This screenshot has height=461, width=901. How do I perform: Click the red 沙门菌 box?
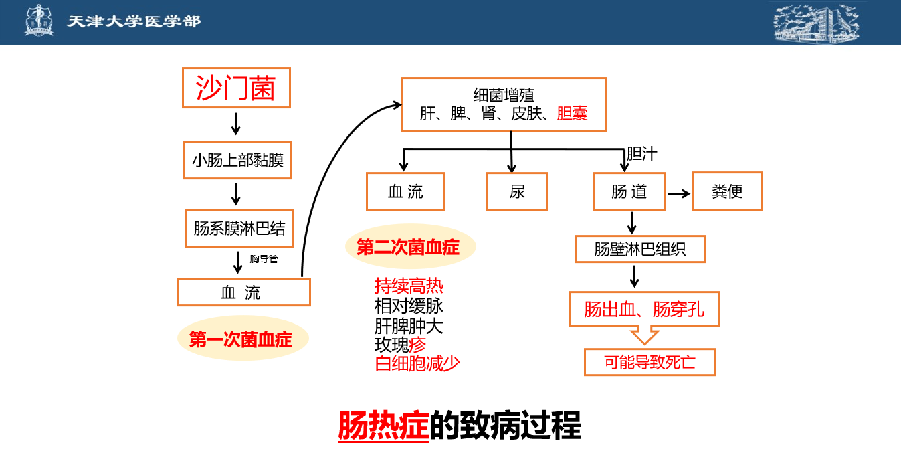click(x=236, y=88)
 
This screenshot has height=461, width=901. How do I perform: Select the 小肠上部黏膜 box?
click(x=237, y=160)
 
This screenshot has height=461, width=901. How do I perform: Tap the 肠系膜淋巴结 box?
click(x=239, y=229)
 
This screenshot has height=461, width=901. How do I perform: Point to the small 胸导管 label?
click(x=264, y=259)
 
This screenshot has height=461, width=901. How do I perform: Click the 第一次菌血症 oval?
click(x=242, y=339)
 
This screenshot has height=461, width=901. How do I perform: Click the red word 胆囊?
click(x=572, y=114)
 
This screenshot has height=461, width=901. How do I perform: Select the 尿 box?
click(x=517, y=192)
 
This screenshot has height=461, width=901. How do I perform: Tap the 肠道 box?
click(x=629, y=192)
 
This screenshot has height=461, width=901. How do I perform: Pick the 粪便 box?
click(x=727, y=192)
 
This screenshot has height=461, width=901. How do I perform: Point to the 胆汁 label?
click(x=641, y=154)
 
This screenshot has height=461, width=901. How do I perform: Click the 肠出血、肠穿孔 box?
click(x=644, y=309)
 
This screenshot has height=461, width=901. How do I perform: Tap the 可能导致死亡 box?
click(x=649, y=362)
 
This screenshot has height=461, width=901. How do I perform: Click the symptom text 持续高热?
click(x=409, y=286)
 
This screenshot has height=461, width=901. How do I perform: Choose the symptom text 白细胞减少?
click(x=417, y=364)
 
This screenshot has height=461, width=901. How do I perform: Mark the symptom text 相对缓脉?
click(x=409, y=306)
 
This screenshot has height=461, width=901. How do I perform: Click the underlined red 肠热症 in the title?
click(x=383, y=425)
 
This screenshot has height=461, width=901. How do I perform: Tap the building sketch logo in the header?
click(x=815, y=22)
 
